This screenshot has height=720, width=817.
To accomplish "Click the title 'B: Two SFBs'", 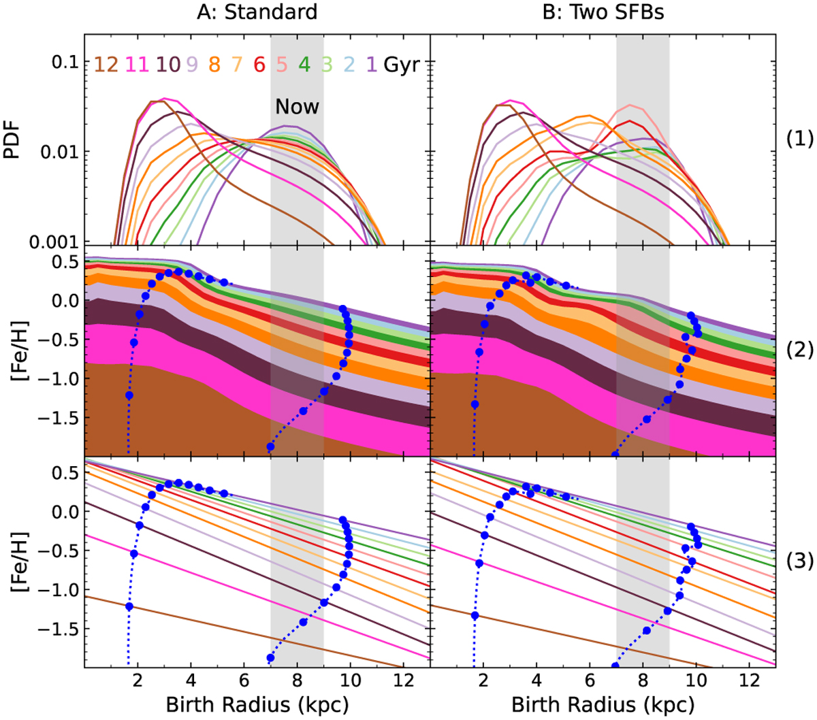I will tap(603, 12).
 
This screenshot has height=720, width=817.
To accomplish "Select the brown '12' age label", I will tap(106, 65).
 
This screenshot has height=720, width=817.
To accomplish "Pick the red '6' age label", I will tap(259, 65).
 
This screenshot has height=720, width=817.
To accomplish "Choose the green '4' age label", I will tap(304, 65).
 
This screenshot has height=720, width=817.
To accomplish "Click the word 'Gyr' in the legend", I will tap(401, 65).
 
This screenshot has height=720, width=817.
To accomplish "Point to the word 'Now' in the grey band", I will tap(297, 107).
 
